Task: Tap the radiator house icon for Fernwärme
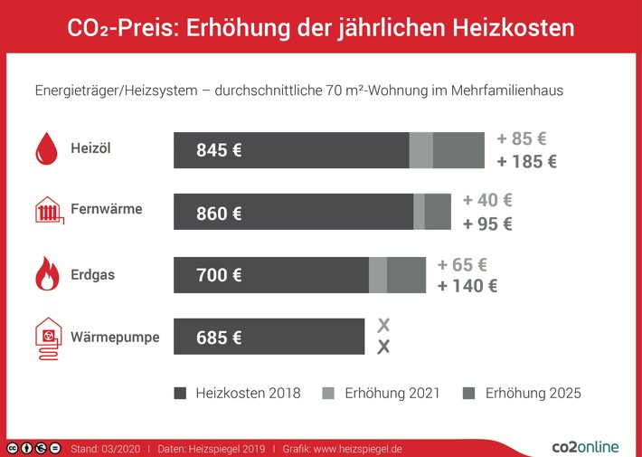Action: coord(47,210)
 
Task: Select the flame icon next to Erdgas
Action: coord(46,274)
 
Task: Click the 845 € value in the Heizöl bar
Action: coord(219,150)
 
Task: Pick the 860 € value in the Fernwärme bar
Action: coord(219,214)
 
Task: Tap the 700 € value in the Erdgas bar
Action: coord(219,275)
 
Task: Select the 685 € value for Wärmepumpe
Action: coord(219,338)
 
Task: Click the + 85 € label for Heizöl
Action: coord(522,139)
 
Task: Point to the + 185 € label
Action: coord(526,163)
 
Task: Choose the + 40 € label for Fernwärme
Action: coord(487,201)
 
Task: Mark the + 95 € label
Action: coord(487,224)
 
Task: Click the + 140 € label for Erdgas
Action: coord(467,287)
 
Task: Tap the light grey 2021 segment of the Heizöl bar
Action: coord(420,150)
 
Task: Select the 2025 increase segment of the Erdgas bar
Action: coord(406,275)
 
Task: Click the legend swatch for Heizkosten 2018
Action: coord(179,394)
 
